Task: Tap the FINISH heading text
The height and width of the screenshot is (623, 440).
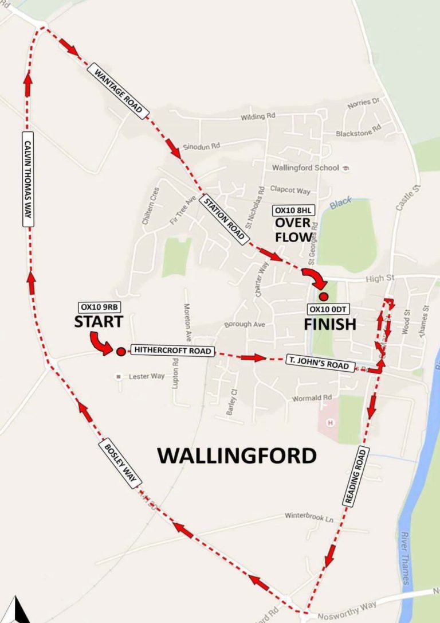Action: tap(329, 325)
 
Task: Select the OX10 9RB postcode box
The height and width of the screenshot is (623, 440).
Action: tap(101, 306)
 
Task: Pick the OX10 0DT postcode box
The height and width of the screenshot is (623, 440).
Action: tap(329, 309)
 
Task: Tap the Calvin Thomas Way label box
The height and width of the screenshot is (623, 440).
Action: tap(27, 178)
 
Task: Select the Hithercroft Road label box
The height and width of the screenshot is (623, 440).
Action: tap(172, 351)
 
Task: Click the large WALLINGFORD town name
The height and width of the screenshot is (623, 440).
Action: tap(237, 455)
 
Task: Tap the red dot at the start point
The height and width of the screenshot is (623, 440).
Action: tap(120, 352)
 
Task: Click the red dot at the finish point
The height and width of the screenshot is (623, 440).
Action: tap(323, 297)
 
